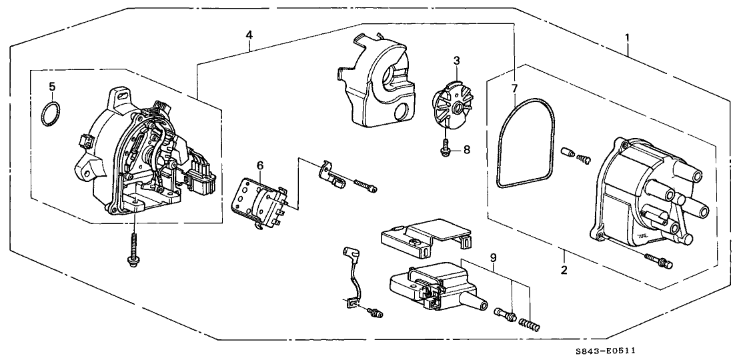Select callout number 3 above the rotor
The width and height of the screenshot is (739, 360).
(x=456, y=61)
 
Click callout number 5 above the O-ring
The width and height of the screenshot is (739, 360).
(x=51, y=87)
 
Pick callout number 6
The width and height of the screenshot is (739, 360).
(x=259, y=165)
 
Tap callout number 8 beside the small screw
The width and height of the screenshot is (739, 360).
(x=466, y=150)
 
